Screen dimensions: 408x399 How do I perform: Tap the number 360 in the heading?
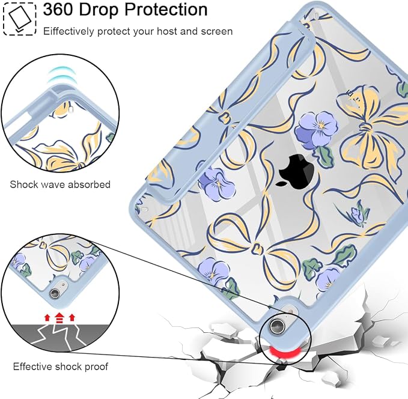58,10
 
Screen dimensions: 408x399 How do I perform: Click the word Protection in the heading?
166,10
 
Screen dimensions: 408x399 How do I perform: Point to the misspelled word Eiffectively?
69,32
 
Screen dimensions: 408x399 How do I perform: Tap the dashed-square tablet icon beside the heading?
19,19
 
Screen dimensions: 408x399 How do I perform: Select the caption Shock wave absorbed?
60,184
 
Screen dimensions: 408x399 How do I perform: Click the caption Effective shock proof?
60,367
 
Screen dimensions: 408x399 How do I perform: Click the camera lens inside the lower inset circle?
55,293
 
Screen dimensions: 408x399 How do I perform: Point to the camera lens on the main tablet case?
277,326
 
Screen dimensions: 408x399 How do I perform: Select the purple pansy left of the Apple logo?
215,183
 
